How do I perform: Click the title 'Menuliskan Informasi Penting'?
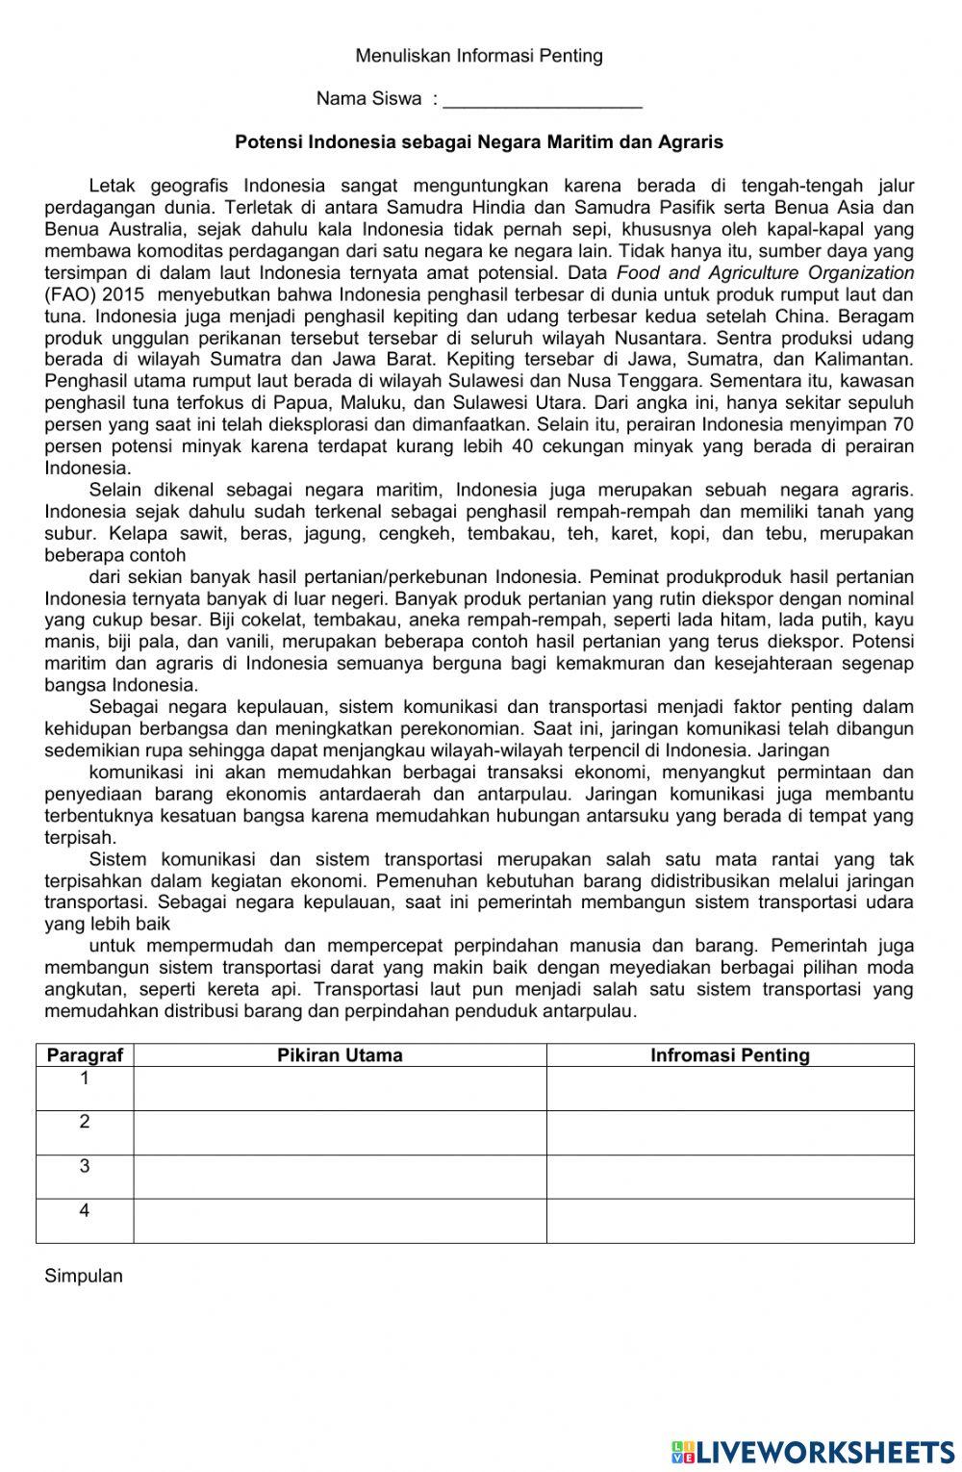tap(479, 56)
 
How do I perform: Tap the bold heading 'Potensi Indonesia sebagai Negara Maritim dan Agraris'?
tap(479, 142)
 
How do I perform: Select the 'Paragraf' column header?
tap(85, 1055)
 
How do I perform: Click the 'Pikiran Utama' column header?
tap(340, 1055)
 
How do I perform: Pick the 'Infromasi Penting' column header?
tap(730, 1055)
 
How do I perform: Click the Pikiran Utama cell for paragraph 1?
tap(340, 1088)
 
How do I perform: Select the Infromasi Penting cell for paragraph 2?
tap(730, 1132)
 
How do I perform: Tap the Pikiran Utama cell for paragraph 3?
tap(340, 1177)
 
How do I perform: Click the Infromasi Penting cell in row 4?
tap(730, 1221)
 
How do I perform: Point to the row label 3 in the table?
tap(85, 1166)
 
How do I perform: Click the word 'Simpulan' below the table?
tap(84, 1277)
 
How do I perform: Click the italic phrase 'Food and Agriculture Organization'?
tap(765, 273)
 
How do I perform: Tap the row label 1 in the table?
tap(85, 1079)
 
